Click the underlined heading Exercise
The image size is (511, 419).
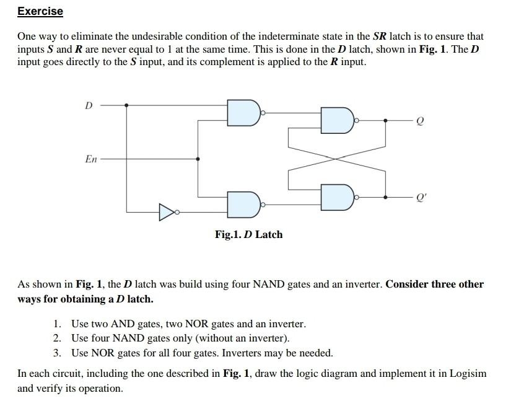point(40,11)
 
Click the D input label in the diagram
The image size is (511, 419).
point(88,105)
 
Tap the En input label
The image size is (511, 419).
point(90,159)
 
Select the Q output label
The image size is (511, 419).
point(421,122)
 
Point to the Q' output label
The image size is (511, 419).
point(422,200)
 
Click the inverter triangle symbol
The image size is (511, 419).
point(167,213)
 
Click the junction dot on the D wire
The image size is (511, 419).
point(127,105)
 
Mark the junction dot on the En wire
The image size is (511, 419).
point(198,159)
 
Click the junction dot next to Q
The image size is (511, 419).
point(386,120)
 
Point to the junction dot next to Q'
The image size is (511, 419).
point(386,197)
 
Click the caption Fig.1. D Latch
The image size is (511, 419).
point(248,234)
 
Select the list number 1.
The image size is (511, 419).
point(57,324)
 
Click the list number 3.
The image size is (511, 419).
point(57,353)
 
